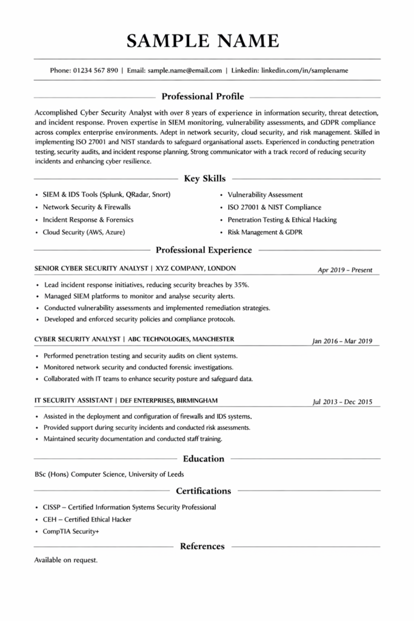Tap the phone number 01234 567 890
[95, 70]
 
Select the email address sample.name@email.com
[184, 70]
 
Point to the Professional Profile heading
[203, 96]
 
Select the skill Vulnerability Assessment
[265, 195]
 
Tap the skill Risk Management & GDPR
[264, 232]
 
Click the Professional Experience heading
[204, 250]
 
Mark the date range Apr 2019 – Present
[345, 270]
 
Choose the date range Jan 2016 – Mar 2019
[342, 341]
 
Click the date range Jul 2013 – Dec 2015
[342, 401]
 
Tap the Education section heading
[204, 458]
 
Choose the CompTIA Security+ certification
[70, 531]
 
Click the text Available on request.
[65, 560]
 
